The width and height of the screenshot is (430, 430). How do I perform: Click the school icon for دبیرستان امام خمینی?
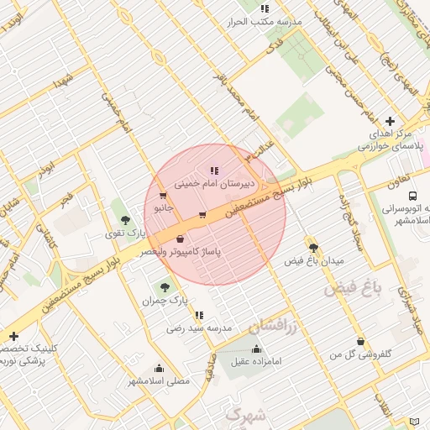pyautogui.click(x=213, y=170)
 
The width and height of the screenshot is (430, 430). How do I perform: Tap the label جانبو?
pyautogui.click(x=163, y=207)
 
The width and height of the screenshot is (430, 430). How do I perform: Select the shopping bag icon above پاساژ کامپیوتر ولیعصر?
pyautogui.click(x=181, y=239)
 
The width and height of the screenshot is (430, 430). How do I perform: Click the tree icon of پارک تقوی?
pyautogui.click(x=125, y=220)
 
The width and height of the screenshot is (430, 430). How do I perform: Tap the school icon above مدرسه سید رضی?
pyautogui.click(x=199, y=316)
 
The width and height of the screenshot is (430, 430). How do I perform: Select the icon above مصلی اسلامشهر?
pyautogui.click(x=159, y=368)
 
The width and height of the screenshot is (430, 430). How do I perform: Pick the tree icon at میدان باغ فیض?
pyautogui.click(x=314, y=248)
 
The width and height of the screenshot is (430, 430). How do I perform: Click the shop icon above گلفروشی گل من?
pyautogui.click(x=361, y=342)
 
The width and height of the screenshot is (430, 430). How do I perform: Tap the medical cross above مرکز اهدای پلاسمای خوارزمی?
pyautogui.click(x=390, y=121)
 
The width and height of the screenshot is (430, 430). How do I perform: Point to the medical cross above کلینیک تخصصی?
pyautogui.click(x=13, y=336)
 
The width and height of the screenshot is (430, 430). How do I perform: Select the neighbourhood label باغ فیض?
pyautogui.click(x=353, y=289)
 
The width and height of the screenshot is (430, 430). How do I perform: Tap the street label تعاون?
pyautogui.click(x=399, y=180)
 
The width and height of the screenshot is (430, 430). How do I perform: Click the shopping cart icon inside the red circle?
pyautogui.click(x=202, y=215)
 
